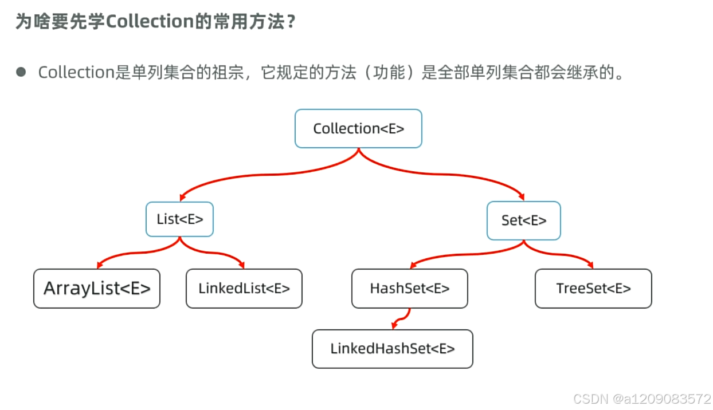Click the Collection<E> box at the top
[358, 129]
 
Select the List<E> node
[179, 219]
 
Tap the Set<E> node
[523, 220]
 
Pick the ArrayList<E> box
[97, 289]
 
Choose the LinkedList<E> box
[244, 289]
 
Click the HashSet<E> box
[410, 289]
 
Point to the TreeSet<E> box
[593, 289]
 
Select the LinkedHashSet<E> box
[393, 349]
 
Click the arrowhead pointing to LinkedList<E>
[241, 265]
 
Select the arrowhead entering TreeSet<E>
[590, 265]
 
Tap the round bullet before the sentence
[21, 72]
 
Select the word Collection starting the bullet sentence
[76, 73]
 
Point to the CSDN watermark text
[641, 398]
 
